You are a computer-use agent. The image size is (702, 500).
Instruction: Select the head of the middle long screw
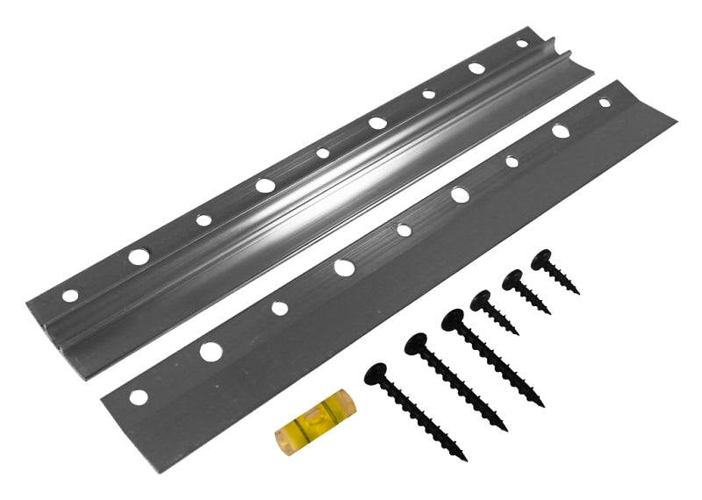pos(418,343)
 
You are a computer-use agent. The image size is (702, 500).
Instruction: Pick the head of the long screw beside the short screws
pos(455,319)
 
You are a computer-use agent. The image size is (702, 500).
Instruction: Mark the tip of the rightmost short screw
pos(579,292)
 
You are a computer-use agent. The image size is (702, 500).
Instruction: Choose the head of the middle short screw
pos(512,280)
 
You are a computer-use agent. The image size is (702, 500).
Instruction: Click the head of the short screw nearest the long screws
pos(481,301)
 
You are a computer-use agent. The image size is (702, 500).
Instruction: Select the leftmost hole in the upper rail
pos(70,295)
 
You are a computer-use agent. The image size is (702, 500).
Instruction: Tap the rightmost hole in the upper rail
pos(522,43)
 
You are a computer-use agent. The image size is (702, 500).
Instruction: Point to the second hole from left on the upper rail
pos(139,257)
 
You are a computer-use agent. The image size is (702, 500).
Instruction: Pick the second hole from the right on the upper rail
pos(476,68)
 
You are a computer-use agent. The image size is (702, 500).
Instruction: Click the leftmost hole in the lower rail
pos(138,396)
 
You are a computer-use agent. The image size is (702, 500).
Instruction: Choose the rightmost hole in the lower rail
pos(605,103)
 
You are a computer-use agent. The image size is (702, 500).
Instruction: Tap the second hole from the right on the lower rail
pos(560,132)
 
